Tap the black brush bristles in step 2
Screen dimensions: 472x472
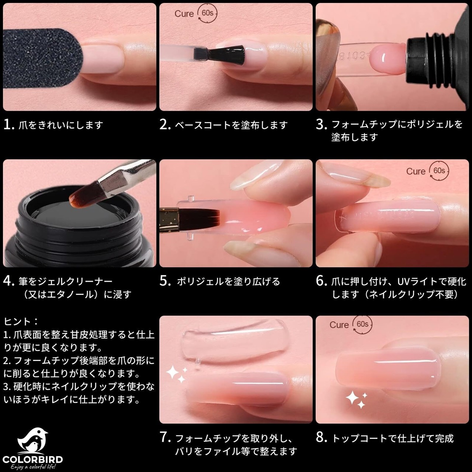point(229,54)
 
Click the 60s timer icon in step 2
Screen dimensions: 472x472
point(208,13)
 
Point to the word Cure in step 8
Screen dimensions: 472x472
point(339,325)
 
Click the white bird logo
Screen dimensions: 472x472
point(33,441)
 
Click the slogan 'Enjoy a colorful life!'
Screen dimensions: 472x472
point(33,467)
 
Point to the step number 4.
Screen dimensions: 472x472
point(9,281)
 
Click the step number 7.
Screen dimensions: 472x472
point(165,437)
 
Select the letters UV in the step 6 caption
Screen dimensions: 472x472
point(405,282)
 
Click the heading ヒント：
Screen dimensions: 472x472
point(21,321)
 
